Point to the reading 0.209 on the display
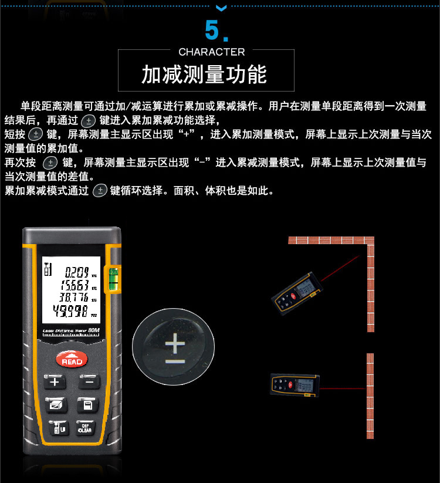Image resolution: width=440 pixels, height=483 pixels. (x=76, y=271)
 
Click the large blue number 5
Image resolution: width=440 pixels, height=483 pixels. (x=214, y=29)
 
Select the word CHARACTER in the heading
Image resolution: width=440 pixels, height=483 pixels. (x=211, y=52)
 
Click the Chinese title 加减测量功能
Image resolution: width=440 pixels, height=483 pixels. (x=204, y=75)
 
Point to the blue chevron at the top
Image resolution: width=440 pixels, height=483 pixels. (x=221, y=7)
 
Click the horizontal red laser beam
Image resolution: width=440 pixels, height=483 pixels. (x=343, y=388)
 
